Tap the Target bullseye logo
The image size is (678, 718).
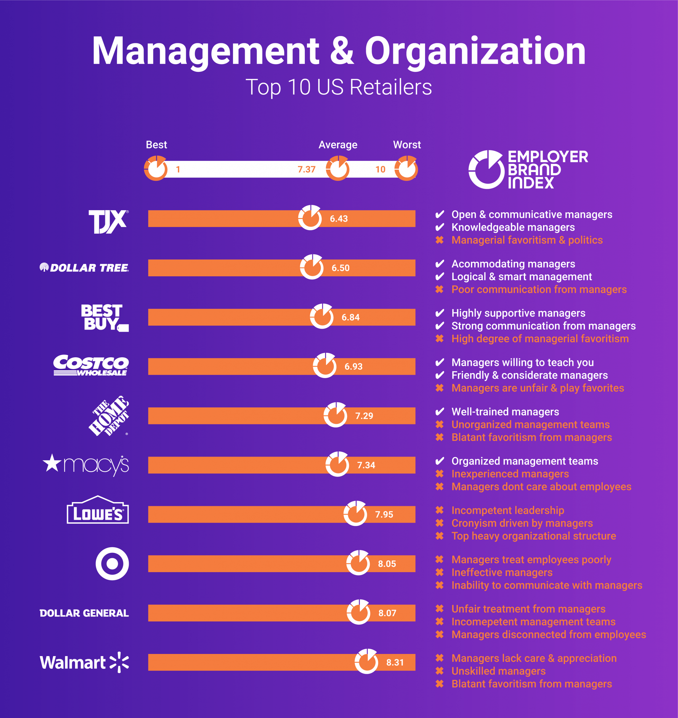[112, 563]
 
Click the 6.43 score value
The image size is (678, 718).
[339, 219]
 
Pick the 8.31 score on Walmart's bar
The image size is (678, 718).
[395, 662]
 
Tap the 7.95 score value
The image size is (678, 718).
[384, 514]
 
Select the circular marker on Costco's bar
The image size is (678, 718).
[324, 365]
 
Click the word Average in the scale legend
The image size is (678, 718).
[338, 145]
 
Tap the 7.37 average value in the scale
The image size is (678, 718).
[306, 169]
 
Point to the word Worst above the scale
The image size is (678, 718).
[407, 145]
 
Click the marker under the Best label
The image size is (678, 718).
[156, 169]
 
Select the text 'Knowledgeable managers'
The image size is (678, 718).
[513, 227]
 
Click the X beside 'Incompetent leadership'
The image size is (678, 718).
[439, 510]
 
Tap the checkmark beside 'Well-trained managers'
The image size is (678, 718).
[439, 412]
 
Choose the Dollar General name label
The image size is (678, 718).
[84, 613]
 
